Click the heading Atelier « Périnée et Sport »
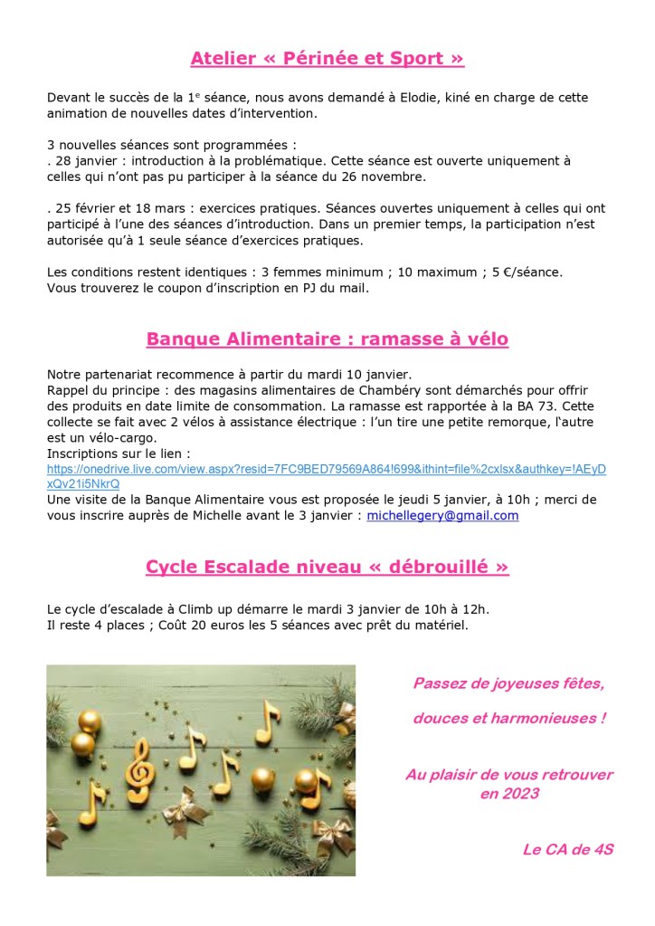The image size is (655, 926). [x=327, y=59]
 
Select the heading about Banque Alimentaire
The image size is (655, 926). [x=327, y=339]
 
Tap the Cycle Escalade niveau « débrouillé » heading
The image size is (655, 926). [x=327, y=568]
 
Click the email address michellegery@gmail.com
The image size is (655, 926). [x=442, y=515]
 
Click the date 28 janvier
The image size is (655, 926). [x=82, y=160]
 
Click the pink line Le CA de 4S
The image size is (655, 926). [x=567, y=850]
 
